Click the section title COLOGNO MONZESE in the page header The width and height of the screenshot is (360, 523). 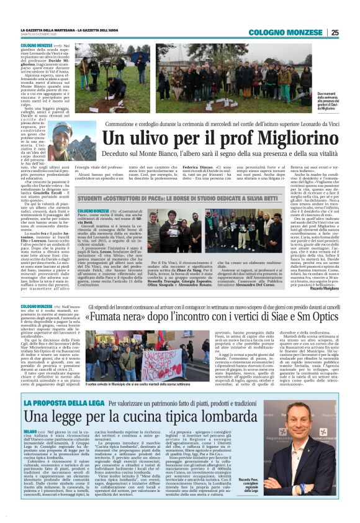pos(298,33)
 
